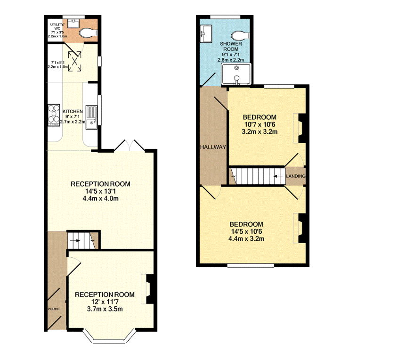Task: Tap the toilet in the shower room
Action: [x=241, y=35]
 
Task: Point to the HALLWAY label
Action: [x=213, y=147]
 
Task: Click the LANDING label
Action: [x=296, y=176]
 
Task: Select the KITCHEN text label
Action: [x=73, y=112]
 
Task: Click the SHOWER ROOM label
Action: [x=231, y=47]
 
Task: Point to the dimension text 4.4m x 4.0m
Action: [x=100, y=198]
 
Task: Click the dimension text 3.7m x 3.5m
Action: [x=105, y=309]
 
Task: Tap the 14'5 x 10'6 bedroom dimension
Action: [x=246, y=231]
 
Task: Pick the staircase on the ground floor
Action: [x=82, y=240]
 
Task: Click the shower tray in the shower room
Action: [x=236, y=74]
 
